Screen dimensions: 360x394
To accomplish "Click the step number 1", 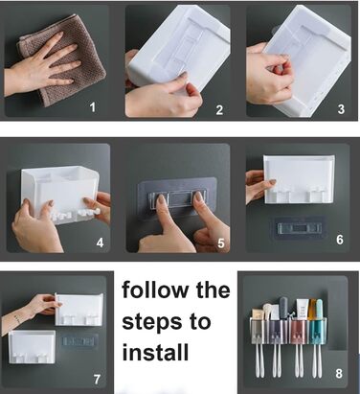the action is tap(93, 107).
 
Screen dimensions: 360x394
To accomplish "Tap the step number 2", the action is tap(219, 110).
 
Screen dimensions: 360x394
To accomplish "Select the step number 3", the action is tap(341, 109).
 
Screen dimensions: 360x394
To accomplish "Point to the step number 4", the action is tap(100, 243).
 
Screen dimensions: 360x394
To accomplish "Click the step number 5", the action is tap(221, 243).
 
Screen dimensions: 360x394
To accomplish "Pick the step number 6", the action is tap(340, 239).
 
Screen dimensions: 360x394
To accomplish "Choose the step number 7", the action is tap(97, 380).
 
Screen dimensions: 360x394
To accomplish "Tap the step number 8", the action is tap(339, 373).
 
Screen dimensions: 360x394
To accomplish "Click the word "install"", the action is tap(155, 352).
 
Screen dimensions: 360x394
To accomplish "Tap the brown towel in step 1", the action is tap(64, 60).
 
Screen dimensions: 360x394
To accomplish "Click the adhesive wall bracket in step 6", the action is tap(299, 228).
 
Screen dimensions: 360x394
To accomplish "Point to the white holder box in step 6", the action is tap(299, 179).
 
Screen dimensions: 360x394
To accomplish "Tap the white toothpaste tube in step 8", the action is tap(302, 310).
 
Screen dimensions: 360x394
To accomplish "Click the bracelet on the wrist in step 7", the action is tap(18, 318).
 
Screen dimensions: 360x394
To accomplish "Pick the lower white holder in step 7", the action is tap(32, 347).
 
